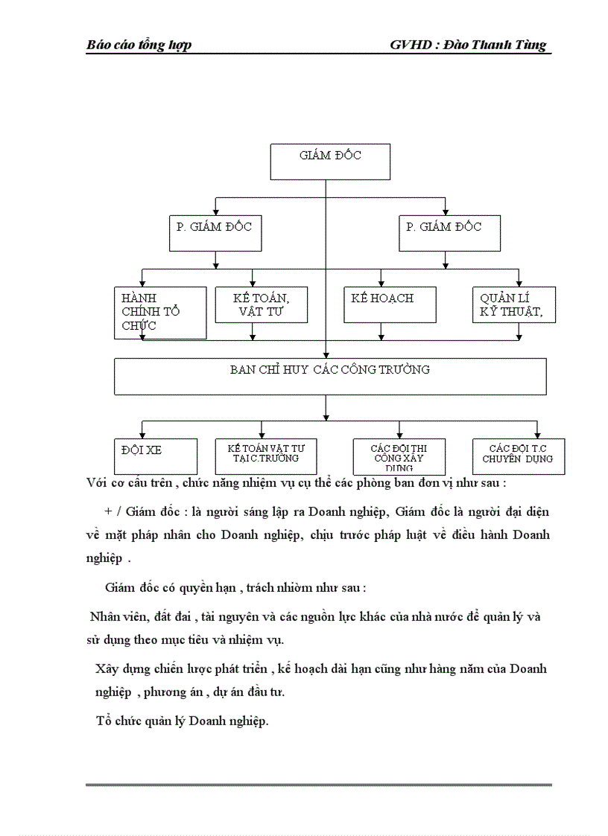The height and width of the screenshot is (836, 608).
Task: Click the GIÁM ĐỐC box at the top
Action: [x=329, y=162]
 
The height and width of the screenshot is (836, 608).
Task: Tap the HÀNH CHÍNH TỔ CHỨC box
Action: [x=160, y=312]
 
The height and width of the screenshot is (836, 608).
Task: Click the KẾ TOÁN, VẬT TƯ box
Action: [x=261, y=304]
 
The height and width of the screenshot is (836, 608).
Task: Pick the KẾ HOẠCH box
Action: [x=390, y=304]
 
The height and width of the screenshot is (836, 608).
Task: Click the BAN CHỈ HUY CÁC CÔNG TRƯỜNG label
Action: [x=329, y=369]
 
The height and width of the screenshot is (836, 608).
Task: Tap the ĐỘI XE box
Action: [x=155, y=456]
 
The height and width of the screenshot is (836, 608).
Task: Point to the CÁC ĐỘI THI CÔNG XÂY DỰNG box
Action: [x=399, y=456]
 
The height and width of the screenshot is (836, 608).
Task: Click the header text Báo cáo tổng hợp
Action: [x=139, y=45]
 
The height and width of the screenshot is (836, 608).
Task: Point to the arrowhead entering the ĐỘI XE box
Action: [x=141, y=435]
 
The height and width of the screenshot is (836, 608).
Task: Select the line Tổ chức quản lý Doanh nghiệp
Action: [x=182, y=721]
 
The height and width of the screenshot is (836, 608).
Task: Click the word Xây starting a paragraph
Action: [x=107, y=669]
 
